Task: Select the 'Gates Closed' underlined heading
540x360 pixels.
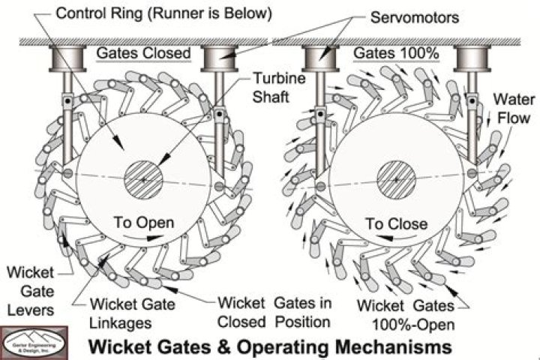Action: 142,53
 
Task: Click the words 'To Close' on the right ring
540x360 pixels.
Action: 395,223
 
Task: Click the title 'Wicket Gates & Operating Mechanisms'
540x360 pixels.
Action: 271,346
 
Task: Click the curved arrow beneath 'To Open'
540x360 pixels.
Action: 145,237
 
